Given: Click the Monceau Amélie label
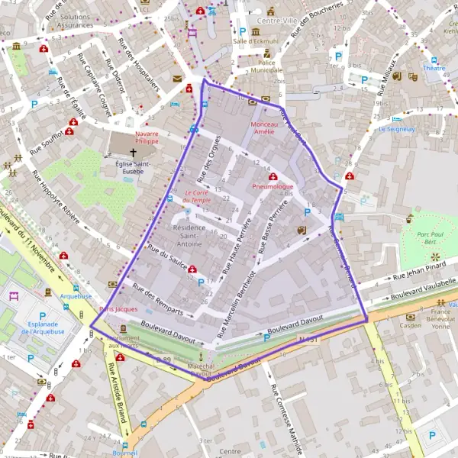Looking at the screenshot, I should coord(263,127).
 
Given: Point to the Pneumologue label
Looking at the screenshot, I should coord(272,186).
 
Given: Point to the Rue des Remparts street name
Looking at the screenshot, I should coord(157,299).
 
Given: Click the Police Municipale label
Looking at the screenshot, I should coord(266,66).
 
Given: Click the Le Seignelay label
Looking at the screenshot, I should coord(395,129).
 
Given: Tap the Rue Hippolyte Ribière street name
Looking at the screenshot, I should coord(55,196).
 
